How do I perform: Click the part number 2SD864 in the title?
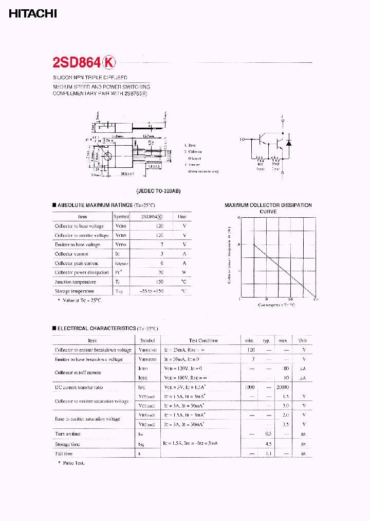[x=77, y=63]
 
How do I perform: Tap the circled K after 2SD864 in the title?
[x=109, y=63]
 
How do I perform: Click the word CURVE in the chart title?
[x=268, y=212]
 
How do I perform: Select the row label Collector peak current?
[x=77, y=263]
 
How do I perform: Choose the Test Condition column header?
[x=203, y=340]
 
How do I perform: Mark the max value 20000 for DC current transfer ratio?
[x=283, y=387]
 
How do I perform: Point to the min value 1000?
[x=250, y=387]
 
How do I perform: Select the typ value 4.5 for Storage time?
[x=268, y=444]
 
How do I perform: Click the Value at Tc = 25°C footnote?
[x=81, y=300]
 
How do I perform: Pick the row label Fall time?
[x=64, y=454]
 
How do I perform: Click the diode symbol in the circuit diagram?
[x=288, y=142]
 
